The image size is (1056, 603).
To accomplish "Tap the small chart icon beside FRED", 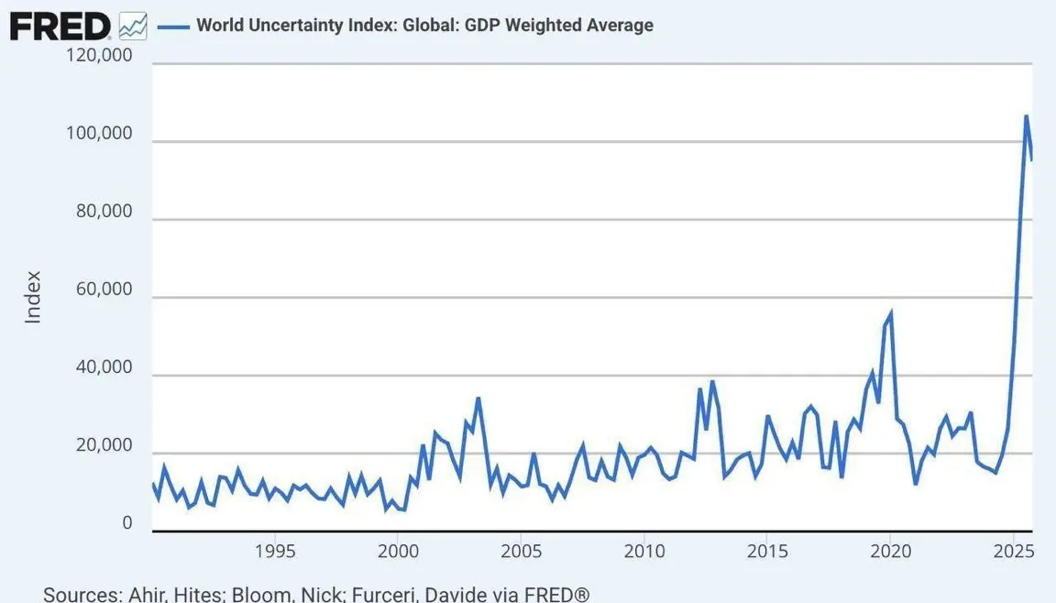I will [132, 26].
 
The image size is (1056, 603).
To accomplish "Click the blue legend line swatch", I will [173, 26].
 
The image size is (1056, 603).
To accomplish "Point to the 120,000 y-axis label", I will [101, 56].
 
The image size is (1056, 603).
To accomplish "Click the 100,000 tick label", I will [101, 134].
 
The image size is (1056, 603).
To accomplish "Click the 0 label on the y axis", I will [127, 523].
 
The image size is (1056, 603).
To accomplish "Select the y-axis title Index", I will [33, 297].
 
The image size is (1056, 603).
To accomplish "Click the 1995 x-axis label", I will [274, 552].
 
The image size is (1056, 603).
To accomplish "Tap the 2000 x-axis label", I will [397, 552].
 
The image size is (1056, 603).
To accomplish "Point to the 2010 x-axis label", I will [643, 552].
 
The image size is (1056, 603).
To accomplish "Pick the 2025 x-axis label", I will [1014, 552].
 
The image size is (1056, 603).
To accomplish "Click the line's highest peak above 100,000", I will [1026, 116].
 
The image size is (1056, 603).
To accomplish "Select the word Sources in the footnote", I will [81, 594].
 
